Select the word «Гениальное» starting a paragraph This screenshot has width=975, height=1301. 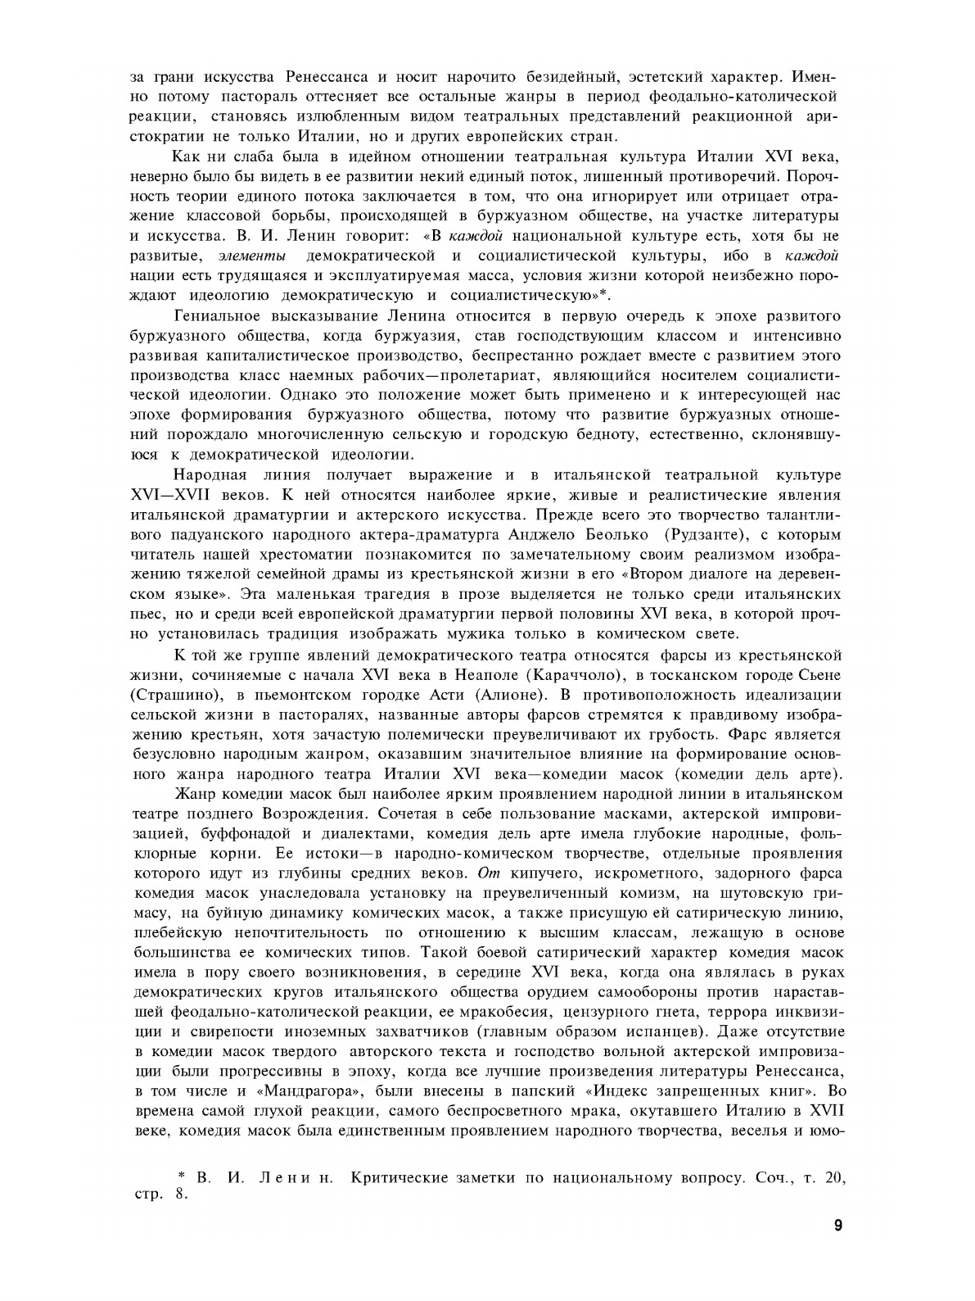tap(214, 316)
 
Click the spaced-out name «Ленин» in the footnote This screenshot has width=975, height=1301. tap(293, 1178)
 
